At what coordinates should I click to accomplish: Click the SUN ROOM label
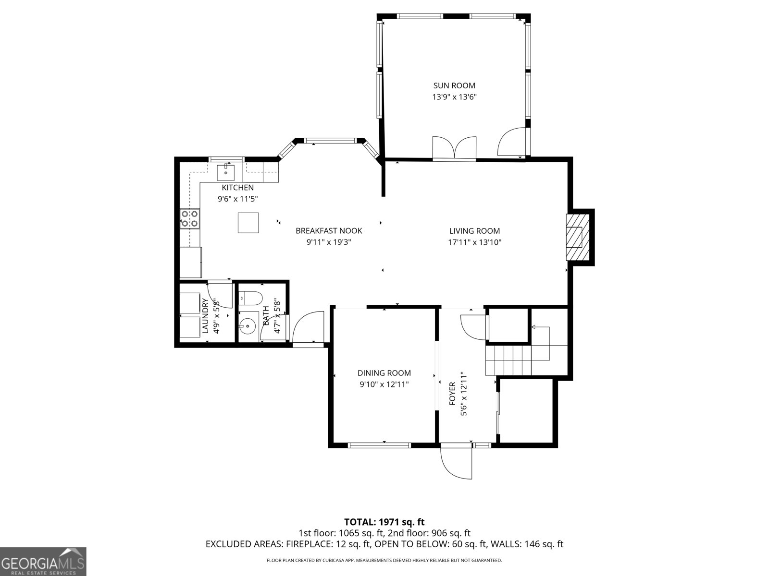point(454,86)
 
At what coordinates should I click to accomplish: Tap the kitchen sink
point(225,172)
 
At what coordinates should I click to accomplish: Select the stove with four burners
point(190,218)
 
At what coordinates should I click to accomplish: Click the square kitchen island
point(248,223)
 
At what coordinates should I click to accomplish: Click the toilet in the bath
point(250,298)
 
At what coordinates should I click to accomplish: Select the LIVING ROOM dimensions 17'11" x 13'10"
point(474,242)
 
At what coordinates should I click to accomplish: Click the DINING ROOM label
point(384,373)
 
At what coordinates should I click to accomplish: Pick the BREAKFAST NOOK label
point(329,231)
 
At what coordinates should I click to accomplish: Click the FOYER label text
point(452,394)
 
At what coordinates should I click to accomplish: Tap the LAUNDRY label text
point(205,315)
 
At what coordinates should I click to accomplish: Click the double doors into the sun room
point(454,147)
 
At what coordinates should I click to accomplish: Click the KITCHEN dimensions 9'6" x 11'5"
point(237,199)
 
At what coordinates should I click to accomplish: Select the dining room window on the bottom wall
point(379,445)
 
